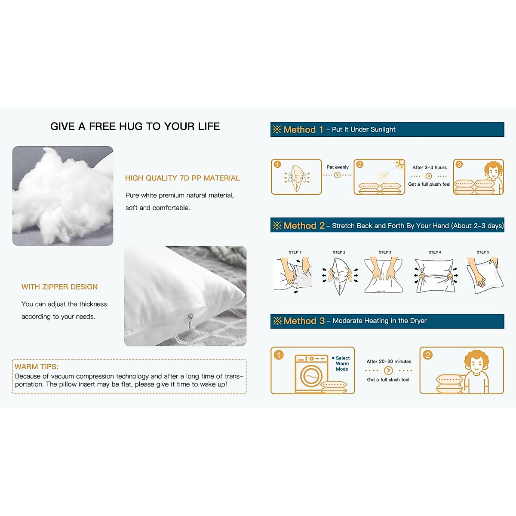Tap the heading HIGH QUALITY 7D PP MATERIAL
[182, 178]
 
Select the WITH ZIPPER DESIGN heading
[59, 287]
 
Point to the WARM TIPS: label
[36, 367]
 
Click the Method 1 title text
[303, 129]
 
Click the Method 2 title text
[304, 225]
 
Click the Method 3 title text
[304, 321]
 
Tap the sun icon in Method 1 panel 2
[400, 163]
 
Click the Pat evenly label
[338, 167]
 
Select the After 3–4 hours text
[430, 168]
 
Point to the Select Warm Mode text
[342, 363]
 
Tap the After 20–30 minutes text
[389, 362]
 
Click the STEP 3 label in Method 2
[385, 252]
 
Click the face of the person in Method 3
[476, 365]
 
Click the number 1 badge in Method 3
[279, 355]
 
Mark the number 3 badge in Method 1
[459, 165]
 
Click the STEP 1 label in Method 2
[295, 252]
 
